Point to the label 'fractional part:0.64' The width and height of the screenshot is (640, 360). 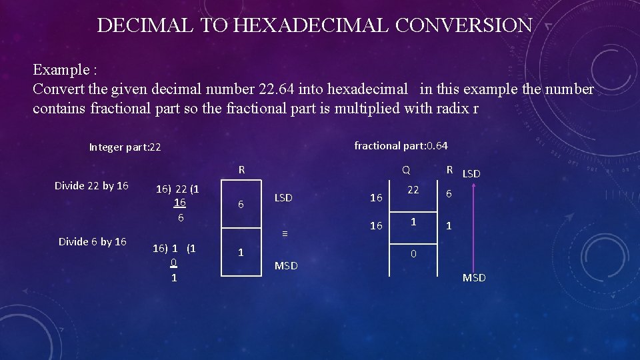point(401,145)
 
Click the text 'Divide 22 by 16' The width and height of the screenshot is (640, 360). point(91,185)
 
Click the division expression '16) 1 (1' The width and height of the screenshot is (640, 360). point(174,248)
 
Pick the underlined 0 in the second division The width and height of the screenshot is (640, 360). point(173,263)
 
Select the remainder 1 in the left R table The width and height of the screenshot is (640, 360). point(241,253)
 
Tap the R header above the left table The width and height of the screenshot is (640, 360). point(242,170)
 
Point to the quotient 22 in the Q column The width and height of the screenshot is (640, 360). point(413,191)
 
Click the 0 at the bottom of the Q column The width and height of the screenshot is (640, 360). point(413,254)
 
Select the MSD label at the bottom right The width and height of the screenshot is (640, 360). point(474,277)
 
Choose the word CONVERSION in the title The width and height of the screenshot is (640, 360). point(465,25)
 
